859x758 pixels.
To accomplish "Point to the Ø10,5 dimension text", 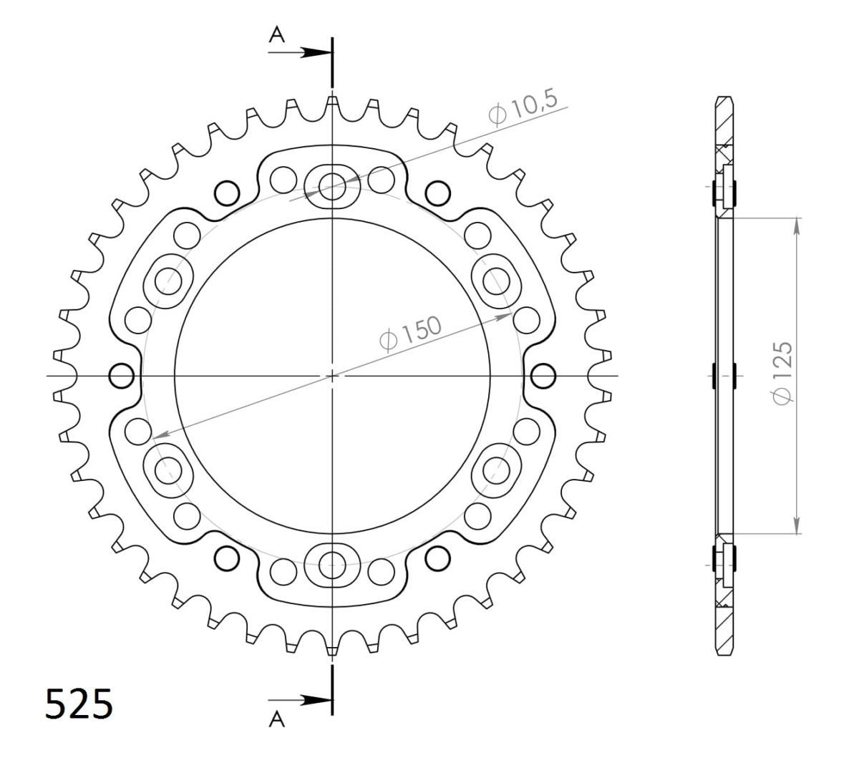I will coord(523,107).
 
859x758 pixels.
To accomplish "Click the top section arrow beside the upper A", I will coord(315,52).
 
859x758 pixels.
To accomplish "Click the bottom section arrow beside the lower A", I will coord(315,699).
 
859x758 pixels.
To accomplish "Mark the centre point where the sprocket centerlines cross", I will coord(332,375).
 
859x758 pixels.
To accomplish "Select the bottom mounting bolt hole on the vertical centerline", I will coord(332,563).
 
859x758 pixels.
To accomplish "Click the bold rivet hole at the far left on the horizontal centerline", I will coord(121,375).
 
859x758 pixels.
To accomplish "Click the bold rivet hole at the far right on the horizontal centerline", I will coord(543,375).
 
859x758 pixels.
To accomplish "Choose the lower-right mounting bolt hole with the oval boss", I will coord(495,470).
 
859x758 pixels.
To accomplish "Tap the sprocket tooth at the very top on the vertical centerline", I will coord(332,104).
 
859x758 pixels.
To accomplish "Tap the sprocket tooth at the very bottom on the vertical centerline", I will coord(332,646).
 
